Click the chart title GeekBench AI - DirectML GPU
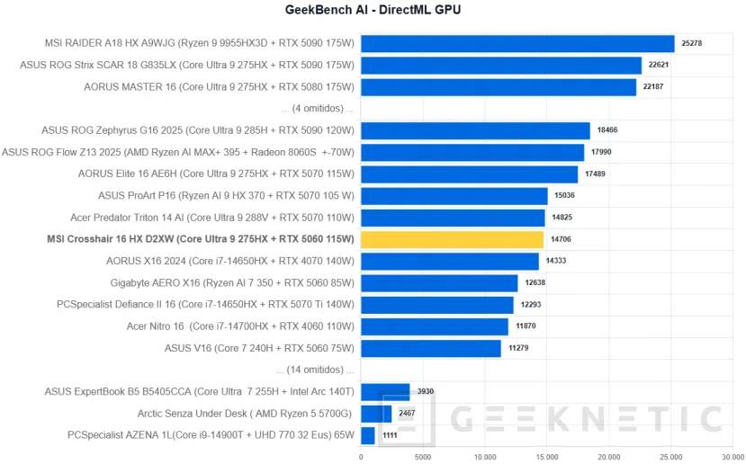coord(372,10)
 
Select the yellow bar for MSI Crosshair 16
coord(452,239)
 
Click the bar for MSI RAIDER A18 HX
coord(517,43)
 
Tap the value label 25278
coord(691,43)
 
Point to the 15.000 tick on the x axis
coord(546,456)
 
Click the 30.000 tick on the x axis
coord(732,456)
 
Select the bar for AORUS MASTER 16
coord(499,86)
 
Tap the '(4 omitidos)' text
coord(318,109)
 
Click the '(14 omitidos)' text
coord(316,370)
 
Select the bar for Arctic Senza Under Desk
coord(375,414)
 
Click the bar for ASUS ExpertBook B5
coord(385,392)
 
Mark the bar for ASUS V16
coord(430,348)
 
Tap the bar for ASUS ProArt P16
coord(454,196)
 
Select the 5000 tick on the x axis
coord(422,456)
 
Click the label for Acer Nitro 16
coord(241,326)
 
